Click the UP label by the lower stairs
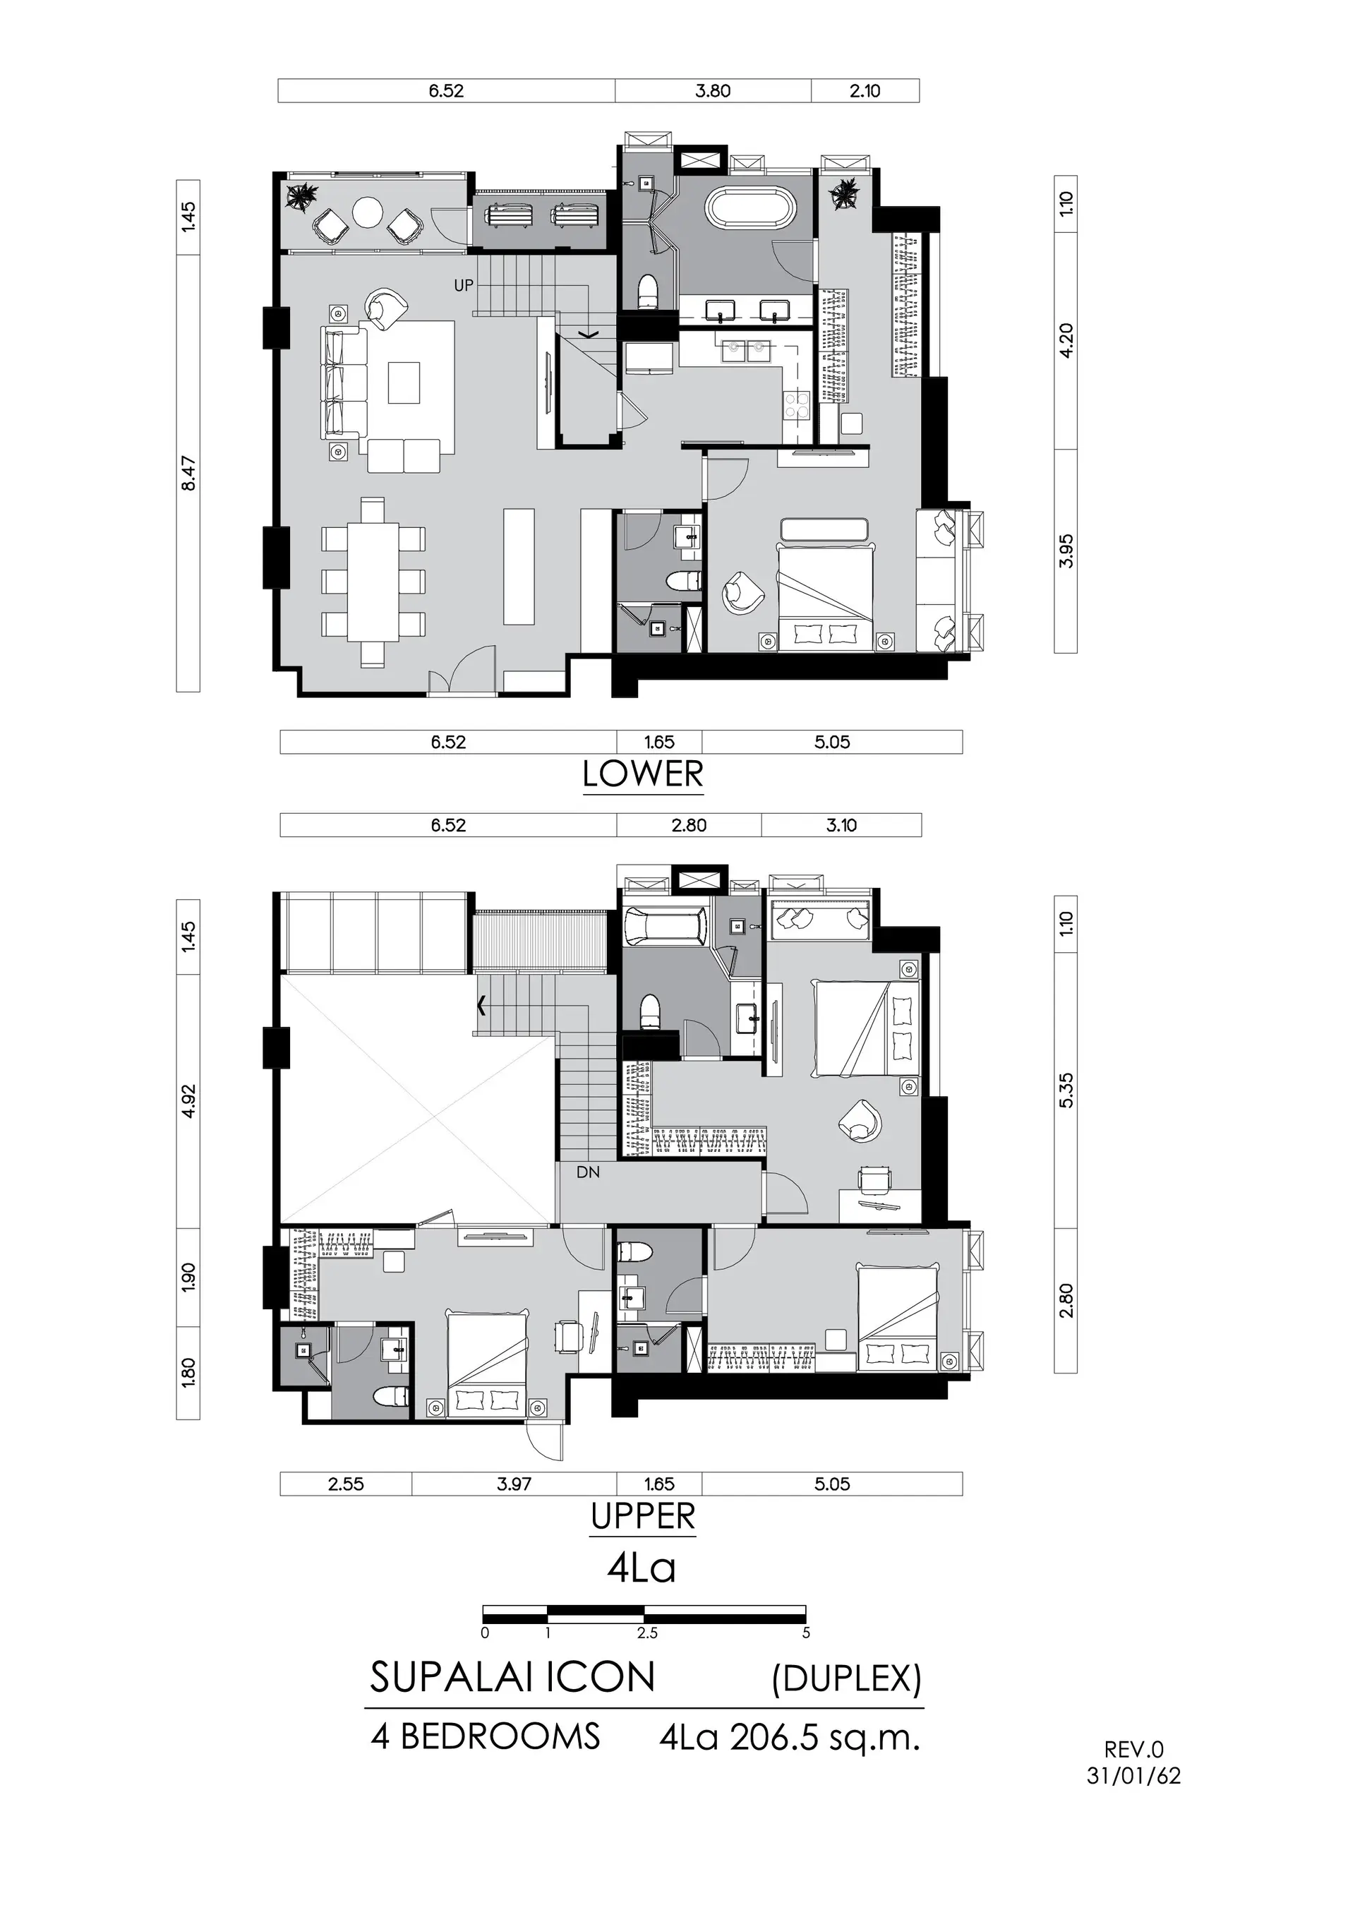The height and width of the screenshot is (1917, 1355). click(464, 286)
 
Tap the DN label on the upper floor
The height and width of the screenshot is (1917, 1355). click(588, 1172)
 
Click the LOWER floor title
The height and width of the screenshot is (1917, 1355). click(643, 775)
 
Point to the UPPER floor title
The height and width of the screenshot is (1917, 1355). click(643, 1516)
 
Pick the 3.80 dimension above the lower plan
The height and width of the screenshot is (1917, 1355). click(713, 91)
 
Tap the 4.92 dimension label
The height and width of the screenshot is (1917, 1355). click(188, 1100)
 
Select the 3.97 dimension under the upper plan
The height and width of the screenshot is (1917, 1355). click(514, 1484)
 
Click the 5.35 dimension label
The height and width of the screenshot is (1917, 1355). click(1066, 1090)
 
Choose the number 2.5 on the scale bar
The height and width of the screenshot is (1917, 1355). click(647, 1633)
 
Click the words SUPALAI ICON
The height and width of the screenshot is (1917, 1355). click(512, 1677)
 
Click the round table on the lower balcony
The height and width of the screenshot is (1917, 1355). click(368, 212)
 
